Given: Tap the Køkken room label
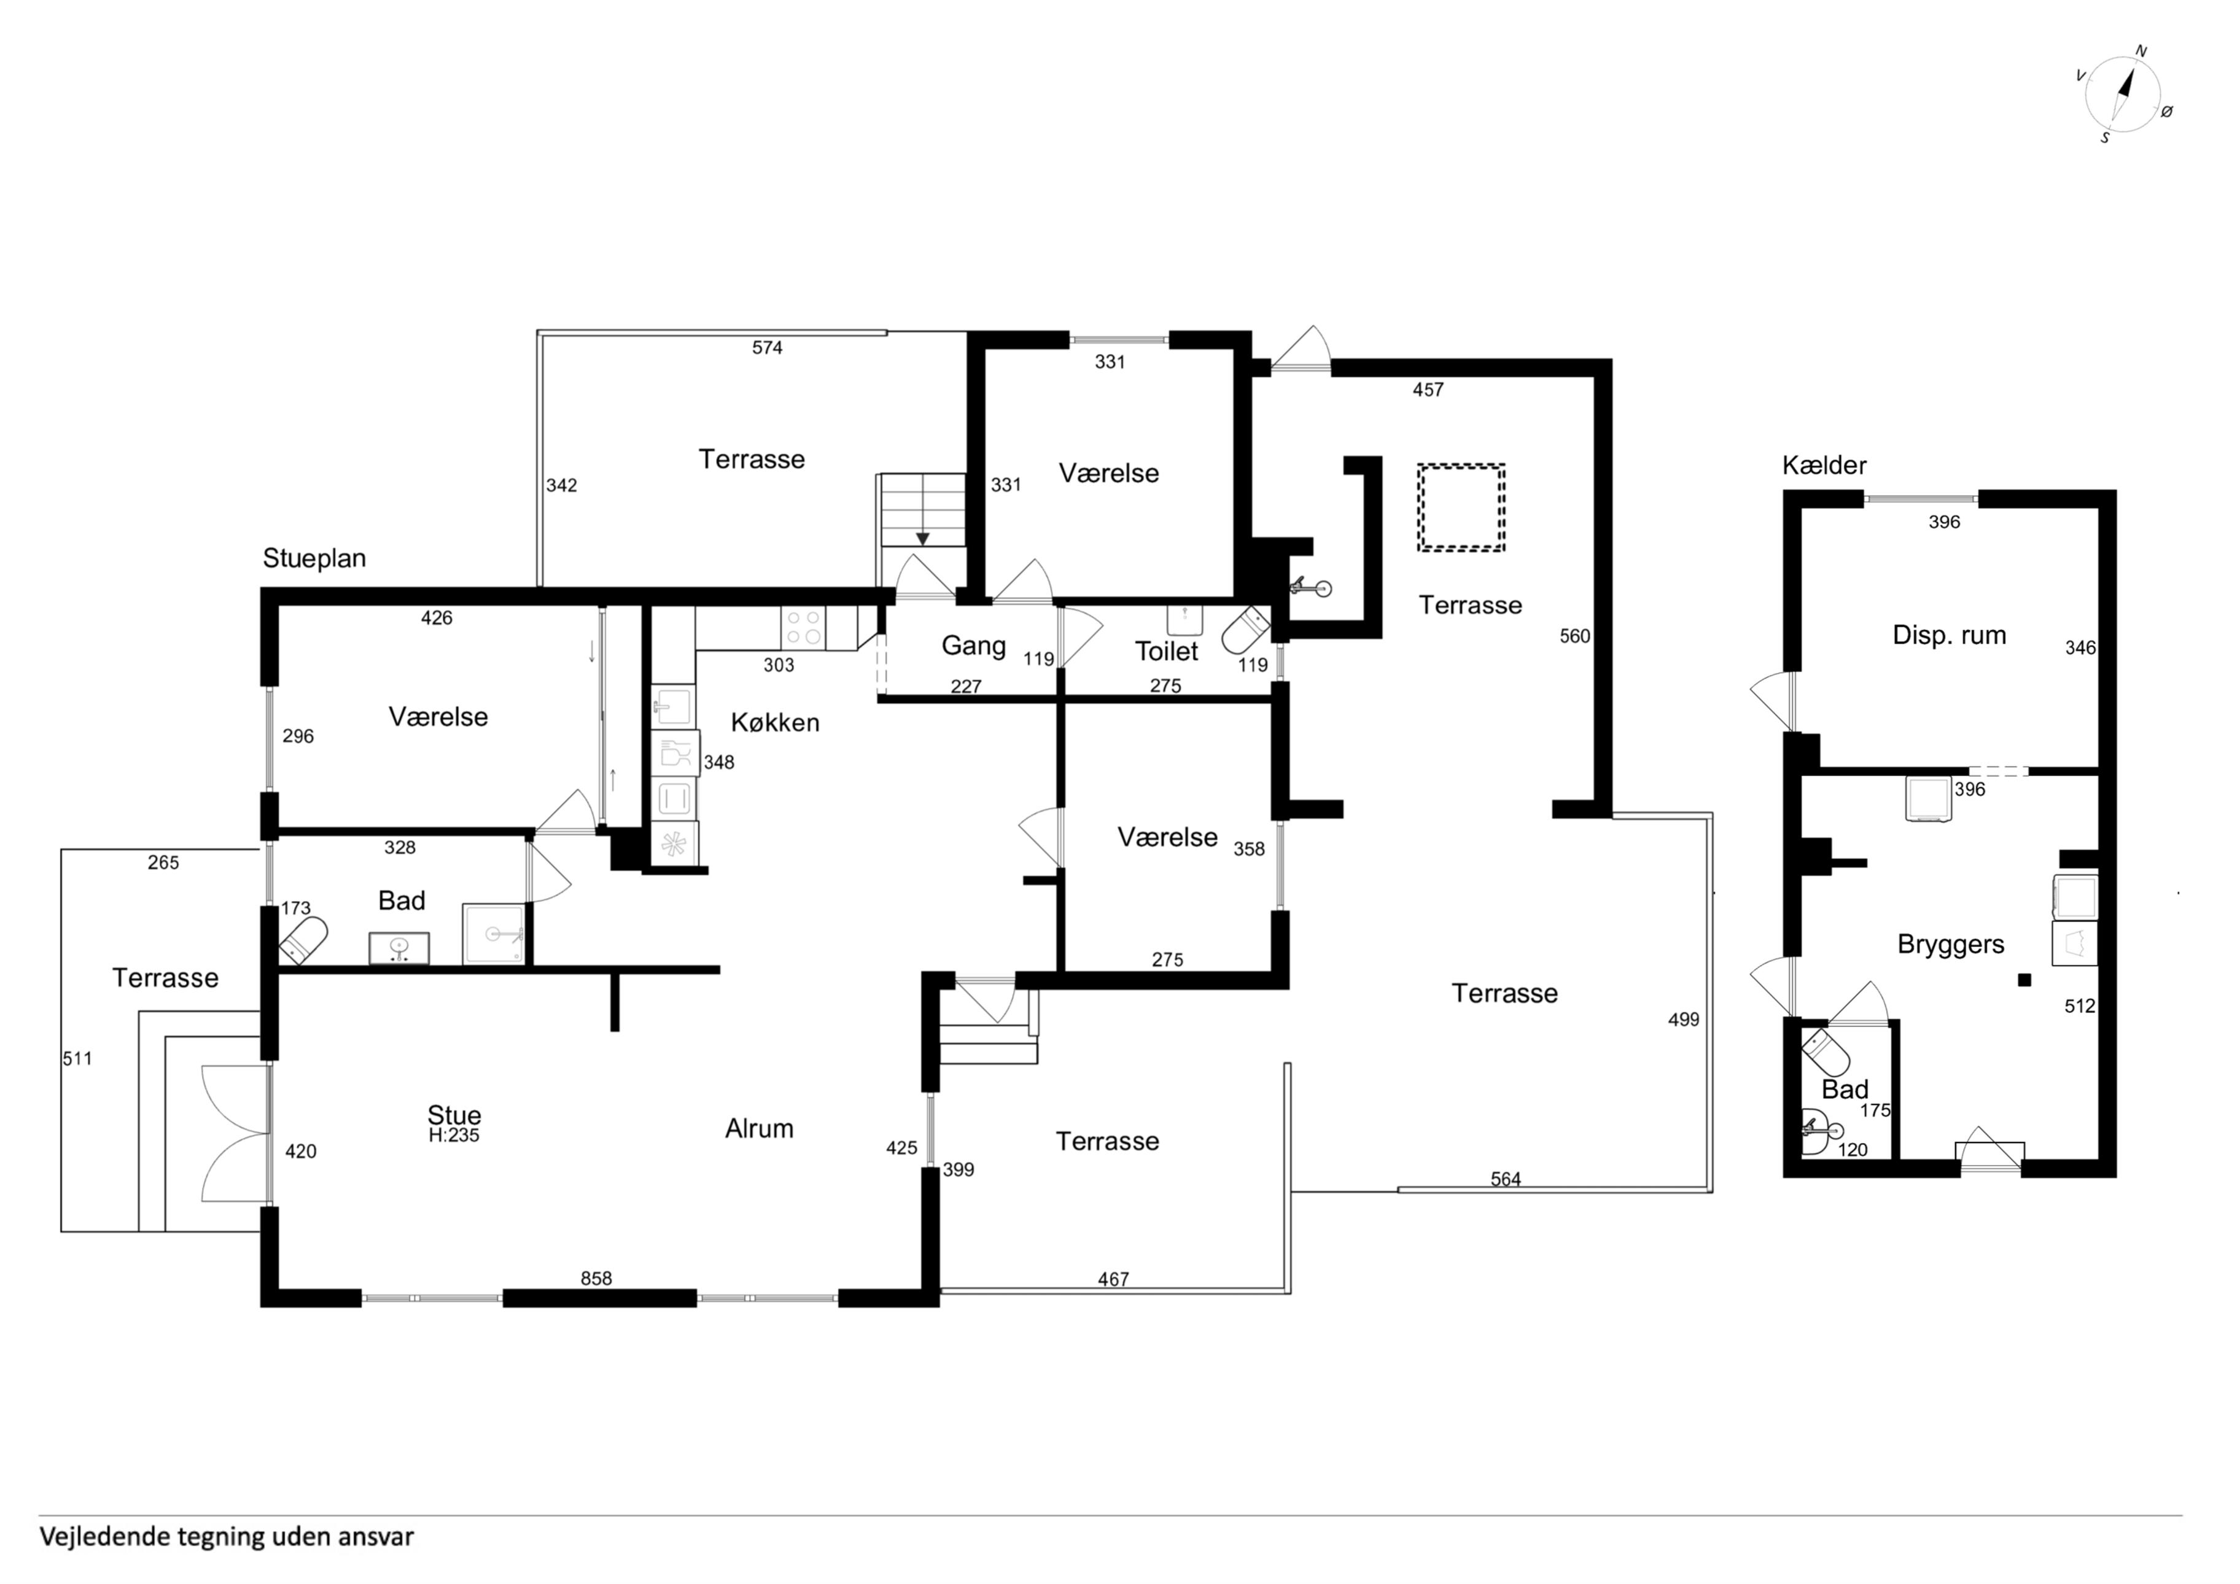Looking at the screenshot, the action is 776,722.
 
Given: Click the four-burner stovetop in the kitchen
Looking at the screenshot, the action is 803,628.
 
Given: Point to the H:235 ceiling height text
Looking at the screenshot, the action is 454,1135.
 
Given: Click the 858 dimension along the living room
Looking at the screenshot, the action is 596,1279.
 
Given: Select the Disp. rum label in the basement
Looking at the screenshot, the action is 1950,635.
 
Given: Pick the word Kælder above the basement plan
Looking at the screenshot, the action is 1824,466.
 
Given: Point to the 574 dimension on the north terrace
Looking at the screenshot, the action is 767,348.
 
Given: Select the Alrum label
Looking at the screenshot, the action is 759,1129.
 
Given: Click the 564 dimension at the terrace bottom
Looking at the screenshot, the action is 1506,1179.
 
